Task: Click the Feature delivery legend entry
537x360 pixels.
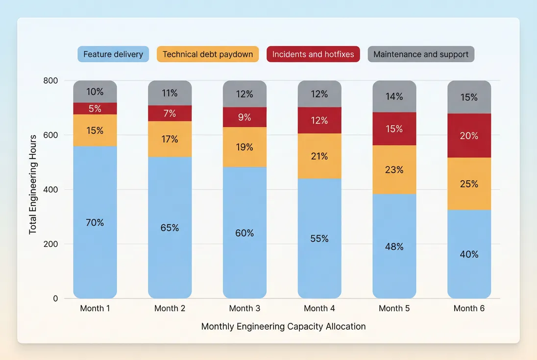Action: click(113, 54)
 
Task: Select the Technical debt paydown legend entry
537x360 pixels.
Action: click(207, 54)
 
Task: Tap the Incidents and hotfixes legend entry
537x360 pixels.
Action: click(313, 54)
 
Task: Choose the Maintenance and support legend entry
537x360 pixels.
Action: click(421, 54)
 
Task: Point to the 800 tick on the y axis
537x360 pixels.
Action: click(50, 80)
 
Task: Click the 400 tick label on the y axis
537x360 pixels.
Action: click(50, 190)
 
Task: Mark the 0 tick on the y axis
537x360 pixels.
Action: click(55, 298)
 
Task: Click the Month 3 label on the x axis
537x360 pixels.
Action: click(244, 308)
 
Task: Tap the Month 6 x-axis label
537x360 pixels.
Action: click(469, 308)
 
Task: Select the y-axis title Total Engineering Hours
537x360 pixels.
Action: click(33, 184)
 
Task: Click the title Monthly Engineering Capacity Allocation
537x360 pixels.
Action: click(283, 326)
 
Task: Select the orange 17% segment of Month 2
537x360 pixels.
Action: click(170, 139)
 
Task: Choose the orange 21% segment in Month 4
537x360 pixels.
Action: click(319, 156)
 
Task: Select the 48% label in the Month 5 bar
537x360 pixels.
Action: click(394, 246)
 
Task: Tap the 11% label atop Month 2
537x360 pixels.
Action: click(170, 93)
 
